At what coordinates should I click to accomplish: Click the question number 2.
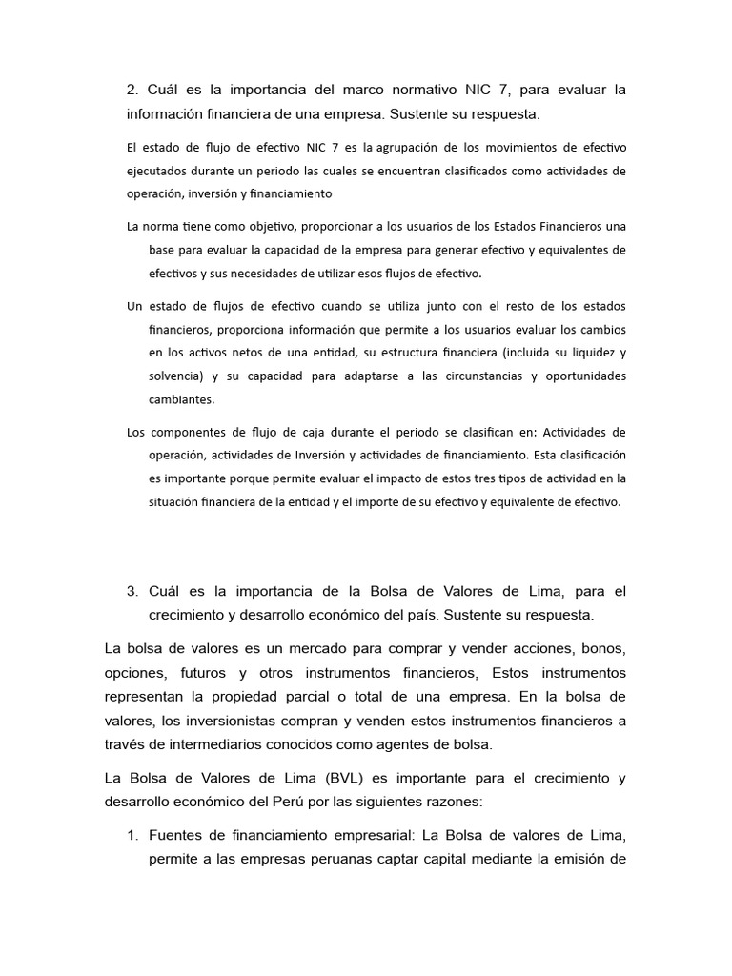tap(132, 91)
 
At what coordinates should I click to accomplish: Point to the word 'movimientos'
tap(534, 148)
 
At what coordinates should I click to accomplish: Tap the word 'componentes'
tap(186, 432)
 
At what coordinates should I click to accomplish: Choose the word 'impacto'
tap(402, 478)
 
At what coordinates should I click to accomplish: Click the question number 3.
tap(132, 591)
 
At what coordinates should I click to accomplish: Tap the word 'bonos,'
tap(601, 649)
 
